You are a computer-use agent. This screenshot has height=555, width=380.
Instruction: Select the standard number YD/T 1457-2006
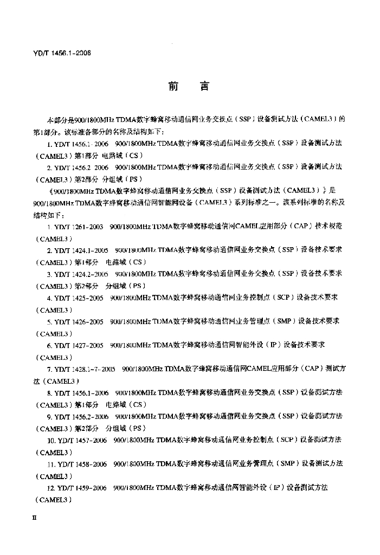point(83,440)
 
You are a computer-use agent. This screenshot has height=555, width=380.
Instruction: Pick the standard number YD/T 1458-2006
point(83,464)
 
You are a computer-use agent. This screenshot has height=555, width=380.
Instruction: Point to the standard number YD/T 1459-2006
point(83,488)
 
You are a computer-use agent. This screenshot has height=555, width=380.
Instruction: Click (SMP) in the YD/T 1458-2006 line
point(285,464)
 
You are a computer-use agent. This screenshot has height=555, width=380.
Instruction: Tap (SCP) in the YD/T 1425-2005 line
point(282,298)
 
